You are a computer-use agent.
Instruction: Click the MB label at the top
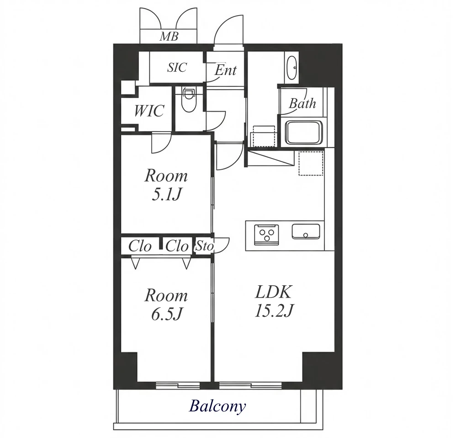pos(169,37)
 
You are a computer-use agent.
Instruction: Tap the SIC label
pos(177,68)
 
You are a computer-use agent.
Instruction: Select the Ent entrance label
pos(226,70)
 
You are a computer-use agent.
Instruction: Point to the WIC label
pos(149,111)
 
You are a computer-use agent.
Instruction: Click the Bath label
pos(302,103)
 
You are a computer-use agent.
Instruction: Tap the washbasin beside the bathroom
pos(292,67)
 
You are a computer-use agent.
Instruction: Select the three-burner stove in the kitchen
pos(266,235)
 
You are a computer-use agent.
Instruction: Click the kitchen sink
pos(306,231)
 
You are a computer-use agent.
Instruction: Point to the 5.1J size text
pos(167,195)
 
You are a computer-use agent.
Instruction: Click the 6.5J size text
pos(167,314)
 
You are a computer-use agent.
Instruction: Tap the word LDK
pos(273,292)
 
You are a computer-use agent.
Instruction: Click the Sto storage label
pos(205,246)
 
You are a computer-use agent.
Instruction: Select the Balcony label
pos(217,406)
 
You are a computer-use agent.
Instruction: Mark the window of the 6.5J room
pos(178,385)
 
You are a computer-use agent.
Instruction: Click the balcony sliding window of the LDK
pos(250,385)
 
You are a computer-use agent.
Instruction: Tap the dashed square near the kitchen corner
pos(311,163)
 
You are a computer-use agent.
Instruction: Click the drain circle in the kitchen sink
pos(306,235)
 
